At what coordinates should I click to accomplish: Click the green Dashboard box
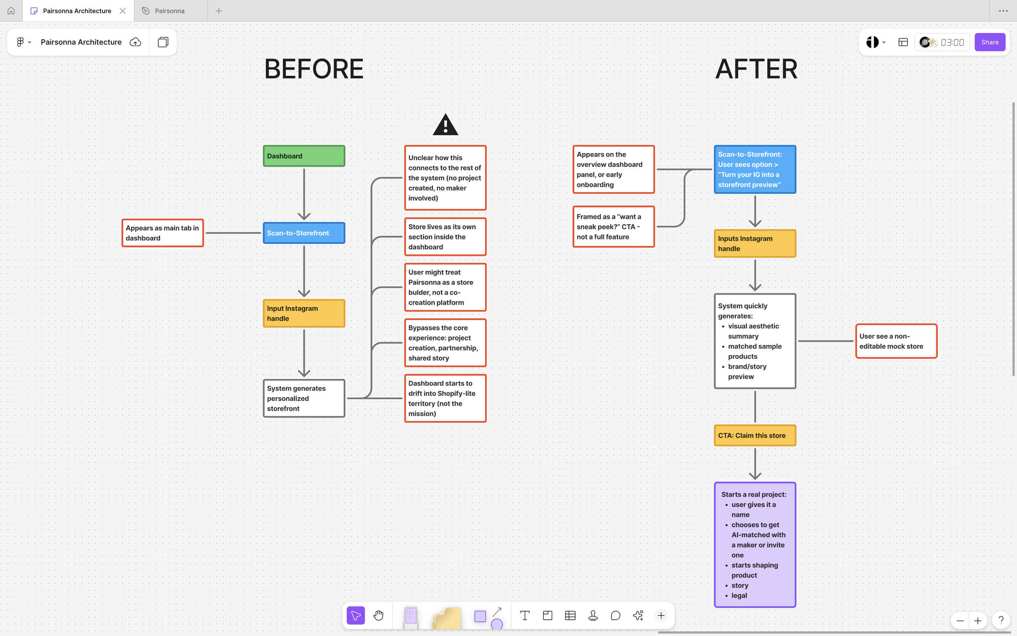click(303, 156)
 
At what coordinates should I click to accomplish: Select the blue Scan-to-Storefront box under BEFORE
click(303, 233)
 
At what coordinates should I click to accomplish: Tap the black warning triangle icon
click(445, 125)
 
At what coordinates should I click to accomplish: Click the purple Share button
click(989, 42)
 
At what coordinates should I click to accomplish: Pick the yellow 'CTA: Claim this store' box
click(755, 435)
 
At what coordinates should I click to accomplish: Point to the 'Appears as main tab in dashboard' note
click(162, 233)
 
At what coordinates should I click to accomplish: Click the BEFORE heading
click(314, 69)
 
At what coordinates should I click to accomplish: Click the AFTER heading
click(756, 69)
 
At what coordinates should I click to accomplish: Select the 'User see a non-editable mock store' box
click(896, 341)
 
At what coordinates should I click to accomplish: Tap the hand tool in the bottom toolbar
click(378, 616)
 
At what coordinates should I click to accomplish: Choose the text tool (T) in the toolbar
click(525, 616)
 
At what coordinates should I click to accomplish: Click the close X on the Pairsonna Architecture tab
click(122, 11)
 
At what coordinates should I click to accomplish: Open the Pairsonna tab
click(169, 11)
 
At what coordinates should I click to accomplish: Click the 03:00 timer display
click(952, 42)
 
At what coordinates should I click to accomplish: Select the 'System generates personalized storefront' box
click(303, 398)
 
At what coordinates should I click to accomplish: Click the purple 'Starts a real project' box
click(755, 545)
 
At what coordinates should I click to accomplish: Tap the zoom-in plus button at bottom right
click(978, 621)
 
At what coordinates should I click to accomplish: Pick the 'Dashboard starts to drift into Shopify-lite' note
click(445, 398)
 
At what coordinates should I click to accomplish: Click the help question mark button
click(1001, 621)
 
